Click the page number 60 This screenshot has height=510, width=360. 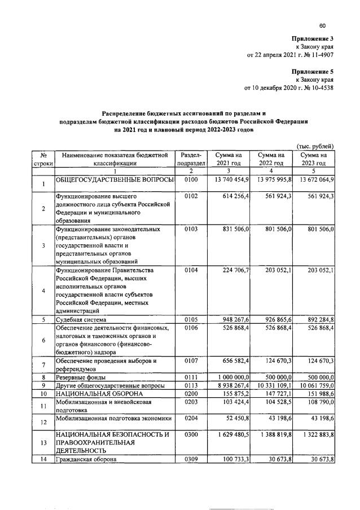322,25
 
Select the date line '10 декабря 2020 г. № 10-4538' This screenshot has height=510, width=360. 289,88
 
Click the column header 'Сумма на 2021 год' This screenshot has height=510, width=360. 225,159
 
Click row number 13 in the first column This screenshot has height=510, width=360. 43,443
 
